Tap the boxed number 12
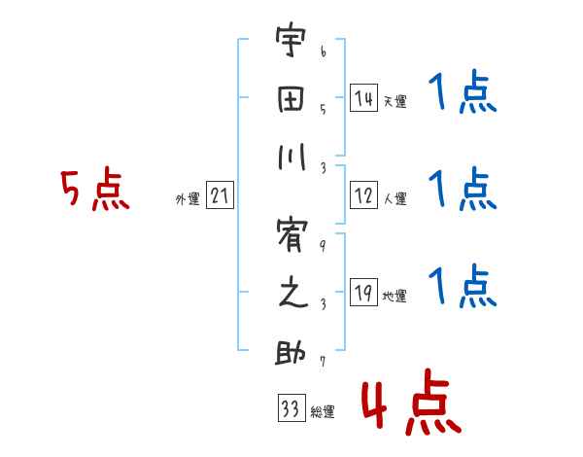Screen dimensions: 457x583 pyautogui.click(x=363, y=195)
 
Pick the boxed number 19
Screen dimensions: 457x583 pyautogui.click(x=363, y=293)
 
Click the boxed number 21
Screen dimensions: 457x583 pyautogui.click(x=220, y=195)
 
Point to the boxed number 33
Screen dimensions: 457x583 pyautogui.click(x=289, y=408)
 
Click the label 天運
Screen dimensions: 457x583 pyautogui.click(x=394, y=101)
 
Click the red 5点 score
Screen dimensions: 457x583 pyautogui.click(x=94, y=190)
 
